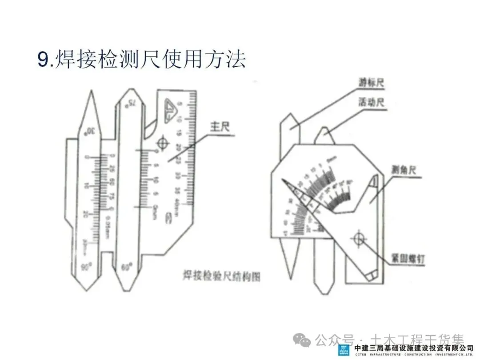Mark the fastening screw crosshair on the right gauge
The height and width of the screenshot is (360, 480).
358,239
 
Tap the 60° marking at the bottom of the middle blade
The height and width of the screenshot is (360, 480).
127,268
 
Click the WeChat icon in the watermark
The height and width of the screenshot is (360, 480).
305,341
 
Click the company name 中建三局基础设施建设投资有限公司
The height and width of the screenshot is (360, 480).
413,347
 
